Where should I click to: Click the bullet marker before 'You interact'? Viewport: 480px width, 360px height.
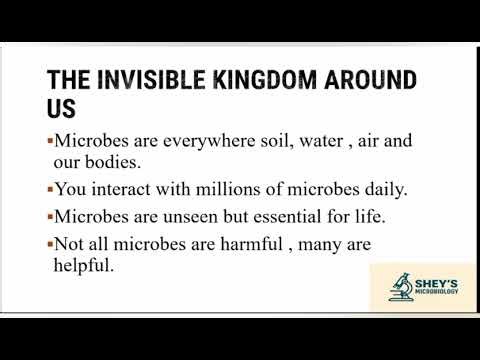click(x=49, y=188)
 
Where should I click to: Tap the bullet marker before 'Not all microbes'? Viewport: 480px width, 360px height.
click(x=49, y=242)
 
